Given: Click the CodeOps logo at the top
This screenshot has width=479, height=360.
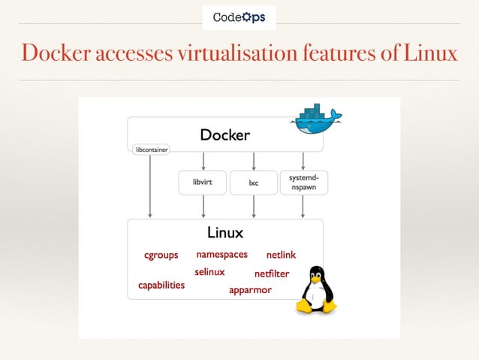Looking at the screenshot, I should (x=239, y=17).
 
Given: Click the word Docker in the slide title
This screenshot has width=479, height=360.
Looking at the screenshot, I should (x=56, y=54).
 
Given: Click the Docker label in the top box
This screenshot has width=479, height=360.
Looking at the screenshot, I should (x=224, y=135).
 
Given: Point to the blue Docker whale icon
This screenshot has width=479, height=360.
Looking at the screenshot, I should (x=316, y=119).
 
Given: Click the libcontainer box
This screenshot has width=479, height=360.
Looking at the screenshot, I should (x=151, y=149).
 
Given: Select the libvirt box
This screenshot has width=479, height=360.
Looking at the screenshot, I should (x=202, y=183).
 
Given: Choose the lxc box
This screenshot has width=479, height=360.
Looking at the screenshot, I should (x=254, y=183).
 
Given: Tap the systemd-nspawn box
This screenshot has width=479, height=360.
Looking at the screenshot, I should (x=303, y=183).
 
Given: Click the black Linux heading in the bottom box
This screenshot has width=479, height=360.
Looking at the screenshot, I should (x=225, y=233).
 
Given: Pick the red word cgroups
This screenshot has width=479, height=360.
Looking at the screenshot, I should (x=161, y=256).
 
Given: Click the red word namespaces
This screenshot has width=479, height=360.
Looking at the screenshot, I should (x=221, y=255).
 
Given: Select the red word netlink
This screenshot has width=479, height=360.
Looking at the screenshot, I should (x=282, y=256).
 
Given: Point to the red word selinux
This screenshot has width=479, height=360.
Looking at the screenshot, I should (x=209, y=272).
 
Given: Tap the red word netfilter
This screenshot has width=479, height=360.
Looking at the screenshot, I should (x=272, y=274).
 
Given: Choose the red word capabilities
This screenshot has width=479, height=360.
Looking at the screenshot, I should (x=161, y=286).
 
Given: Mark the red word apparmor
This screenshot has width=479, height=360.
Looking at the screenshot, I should (x=250, y=290).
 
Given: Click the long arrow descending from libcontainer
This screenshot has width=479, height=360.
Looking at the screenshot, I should (x=151, y=188).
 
